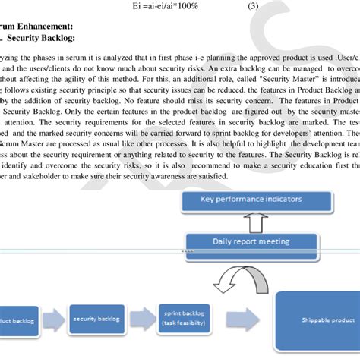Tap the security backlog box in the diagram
point(97,320)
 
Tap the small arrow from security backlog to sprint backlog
point(141,319)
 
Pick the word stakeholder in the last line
point(45,176)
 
